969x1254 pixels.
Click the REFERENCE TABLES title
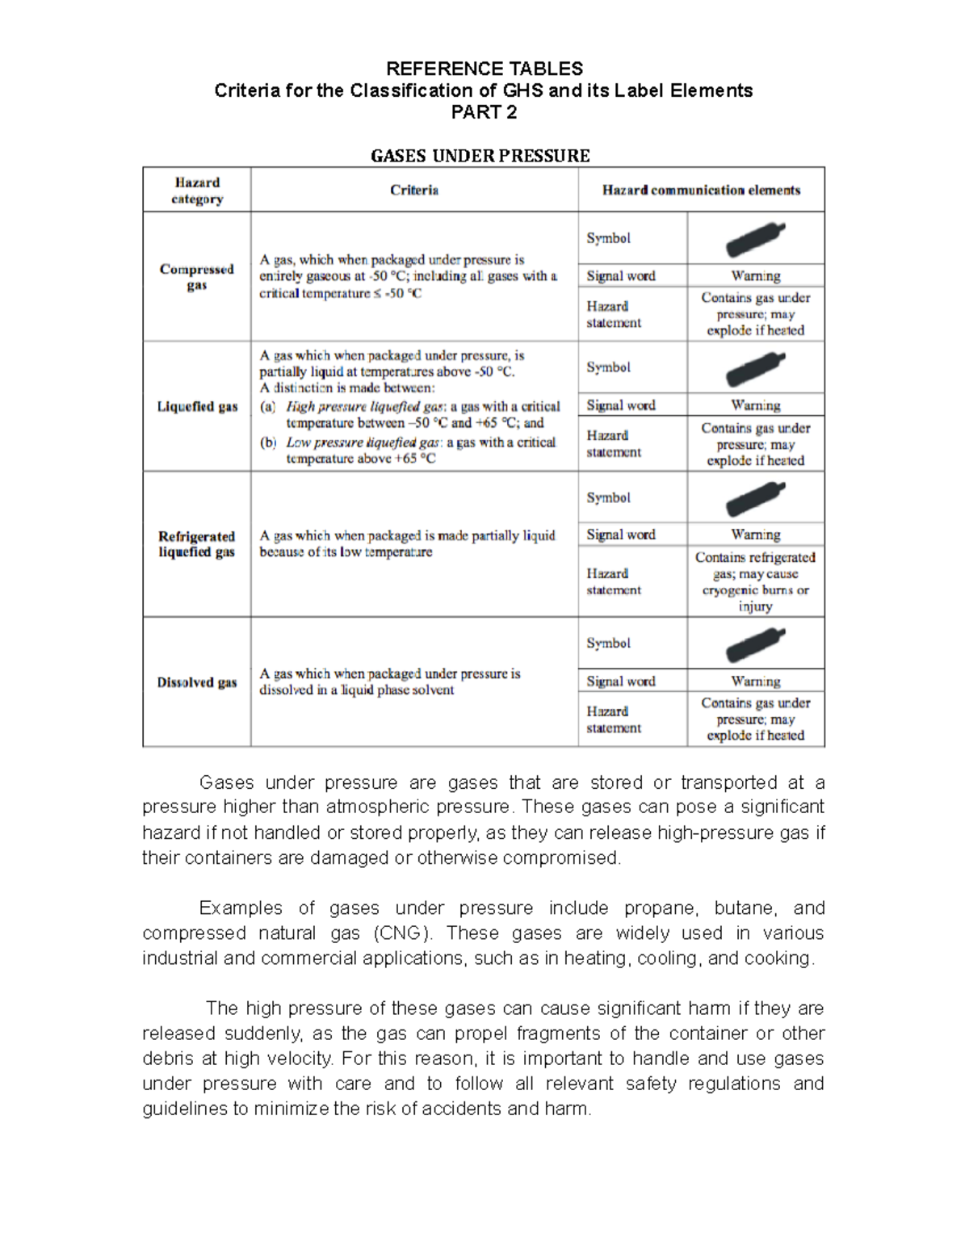484,69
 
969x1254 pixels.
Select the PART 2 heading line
484,112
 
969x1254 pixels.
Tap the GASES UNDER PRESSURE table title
480,156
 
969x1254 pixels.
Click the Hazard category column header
197,191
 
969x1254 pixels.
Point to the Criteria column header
414,191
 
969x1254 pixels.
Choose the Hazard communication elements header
701,191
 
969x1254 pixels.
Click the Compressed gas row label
197,277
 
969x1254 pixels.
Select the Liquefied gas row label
197,407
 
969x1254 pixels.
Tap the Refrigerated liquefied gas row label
197,544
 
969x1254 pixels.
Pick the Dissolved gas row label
197,682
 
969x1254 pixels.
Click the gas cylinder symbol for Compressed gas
755,238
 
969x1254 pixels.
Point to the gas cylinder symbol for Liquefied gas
755,368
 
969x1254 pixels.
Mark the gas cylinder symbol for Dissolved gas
755,644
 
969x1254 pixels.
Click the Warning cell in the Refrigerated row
756,535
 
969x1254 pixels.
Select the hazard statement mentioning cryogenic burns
756,581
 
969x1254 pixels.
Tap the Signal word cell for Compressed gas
621,276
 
